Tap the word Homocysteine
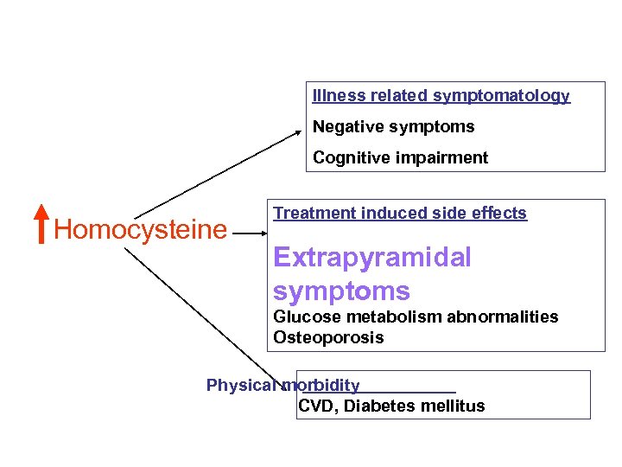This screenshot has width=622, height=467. pos(140,230)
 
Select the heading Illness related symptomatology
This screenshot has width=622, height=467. pos(441,96)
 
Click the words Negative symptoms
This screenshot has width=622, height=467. pos(393,127)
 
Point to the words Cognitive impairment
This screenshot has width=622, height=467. pos(400,158)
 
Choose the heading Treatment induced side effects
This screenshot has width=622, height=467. pos(399,214)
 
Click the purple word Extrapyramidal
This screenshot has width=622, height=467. pos(371,258)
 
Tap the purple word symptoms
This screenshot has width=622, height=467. pos(341,291)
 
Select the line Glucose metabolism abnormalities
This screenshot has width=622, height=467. pos(416,317)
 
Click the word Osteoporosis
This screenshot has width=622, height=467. pos(328,337)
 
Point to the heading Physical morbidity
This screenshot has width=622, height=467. pos(282,386)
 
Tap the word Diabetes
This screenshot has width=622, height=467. pos(380,406)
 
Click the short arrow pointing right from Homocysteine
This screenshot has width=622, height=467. pos(251,233)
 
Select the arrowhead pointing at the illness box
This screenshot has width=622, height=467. pos(299,132)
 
